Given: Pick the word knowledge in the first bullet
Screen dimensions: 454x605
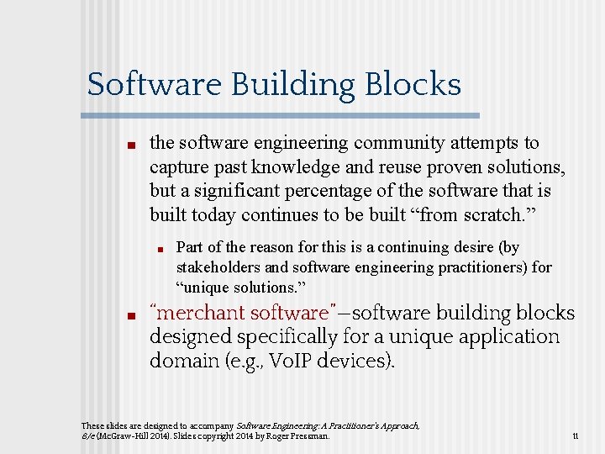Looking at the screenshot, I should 298,167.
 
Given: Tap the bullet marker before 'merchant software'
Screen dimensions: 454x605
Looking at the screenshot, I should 131,316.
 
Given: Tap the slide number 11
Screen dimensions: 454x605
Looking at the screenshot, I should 575,436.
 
